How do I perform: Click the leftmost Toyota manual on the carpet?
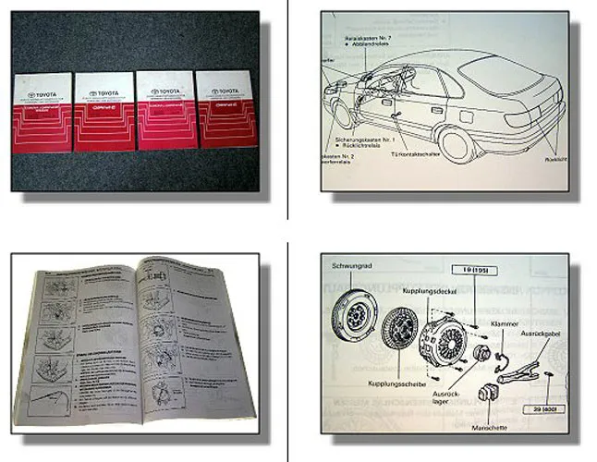42,113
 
